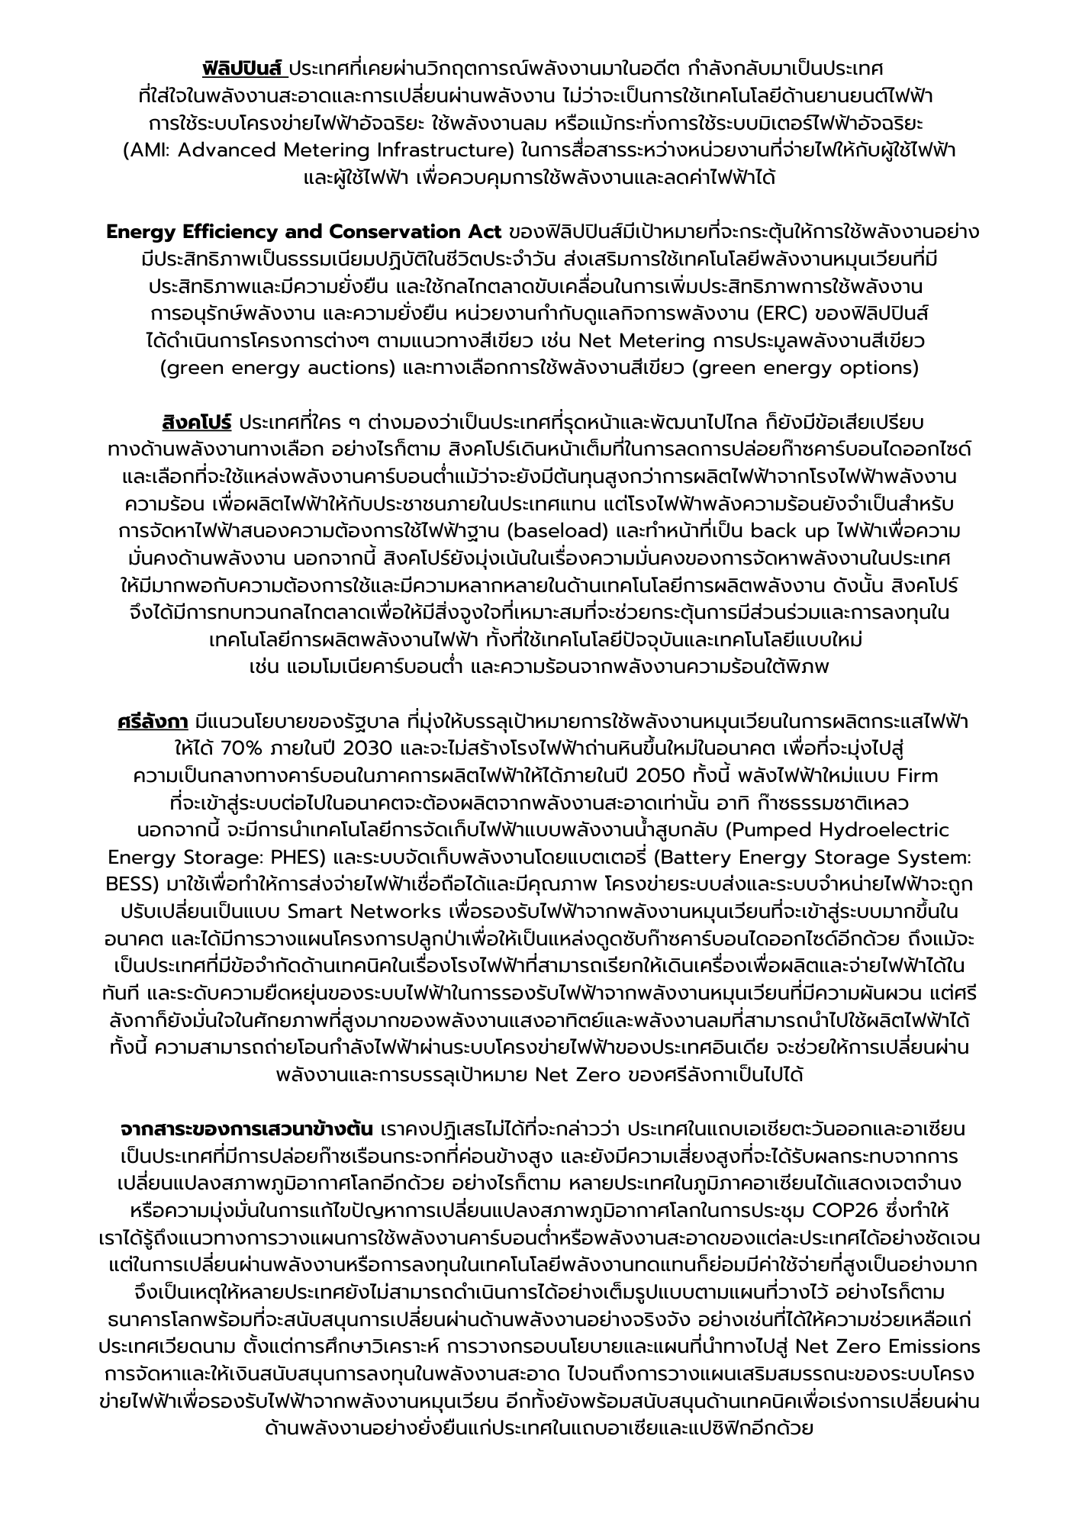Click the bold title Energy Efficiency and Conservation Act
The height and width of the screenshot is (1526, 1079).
[304, 232]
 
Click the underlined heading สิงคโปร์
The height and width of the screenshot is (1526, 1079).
[196, 422]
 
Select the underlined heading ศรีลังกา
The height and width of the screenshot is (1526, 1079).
[153, 722]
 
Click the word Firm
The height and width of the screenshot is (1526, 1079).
[917, 776]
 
